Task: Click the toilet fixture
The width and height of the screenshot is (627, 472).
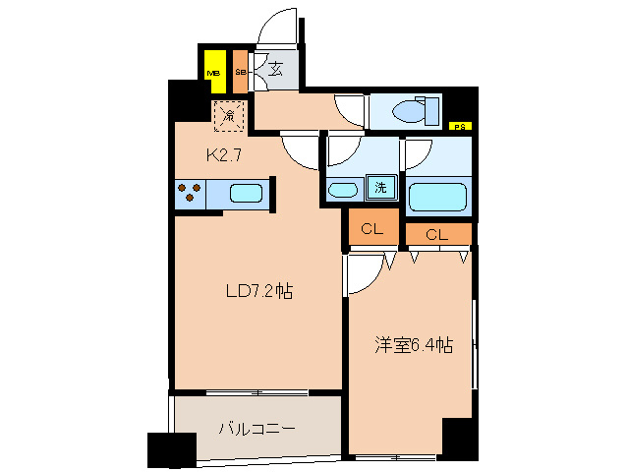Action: pos(414,110)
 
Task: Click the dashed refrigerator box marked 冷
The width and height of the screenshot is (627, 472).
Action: pos(228,116)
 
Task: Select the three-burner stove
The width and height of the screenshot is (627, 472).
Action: pos(190,194)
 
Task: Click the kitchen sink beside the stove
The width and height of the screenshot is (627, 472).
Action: pos(245,194)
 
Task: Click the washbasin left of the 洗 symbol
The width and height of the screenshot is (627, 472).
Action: pos(343,189)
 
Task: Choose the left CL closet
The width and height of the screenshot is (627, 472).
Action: pos(371,229)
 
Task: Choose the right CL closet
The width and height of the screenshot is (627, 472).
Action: pos(437,234)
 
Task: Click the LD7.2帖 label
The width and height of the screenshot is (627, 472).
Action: pos(258,291)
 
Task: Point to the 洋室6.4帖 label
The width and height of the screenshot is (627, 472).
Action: pos(413,345)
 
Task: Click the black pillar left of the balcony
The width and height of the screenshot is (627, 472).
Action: pos(165,449)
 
